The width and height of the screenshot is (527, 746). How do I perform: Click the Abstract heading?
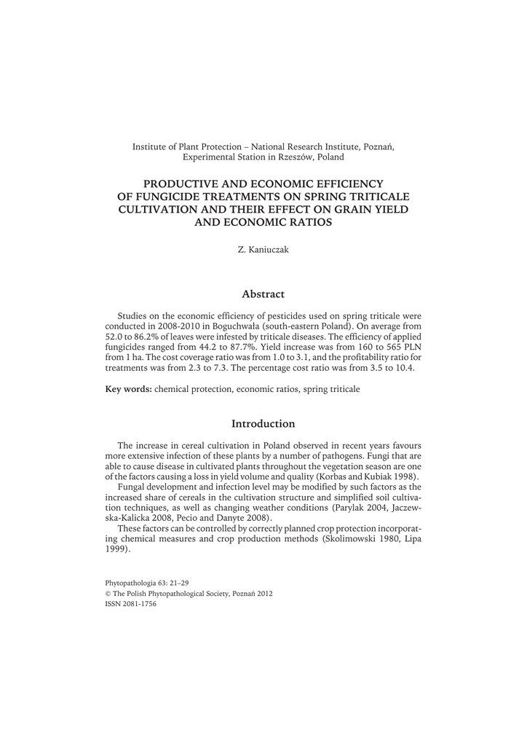[x=263, y=294]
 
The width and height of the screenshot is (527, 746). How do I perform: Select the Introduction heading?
[x=263, y=424]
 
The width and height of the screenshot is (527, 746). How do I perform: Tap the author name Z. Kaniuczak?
[x=263, y=250]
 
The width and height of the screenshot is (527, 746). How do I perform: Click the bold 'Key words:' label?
[x=129, y=390]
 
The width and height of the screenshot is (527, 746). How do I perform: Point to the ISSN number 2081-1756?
[x=139, y=604]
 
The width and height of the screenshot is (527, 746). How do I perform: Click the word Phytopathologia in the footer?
[x=131, y=584]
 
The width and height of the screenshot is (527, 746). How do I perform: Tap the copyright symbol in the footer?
[x=108, y=594]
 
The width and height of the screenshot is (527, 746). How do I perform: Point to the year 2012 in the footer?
[x=263, y=594]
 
